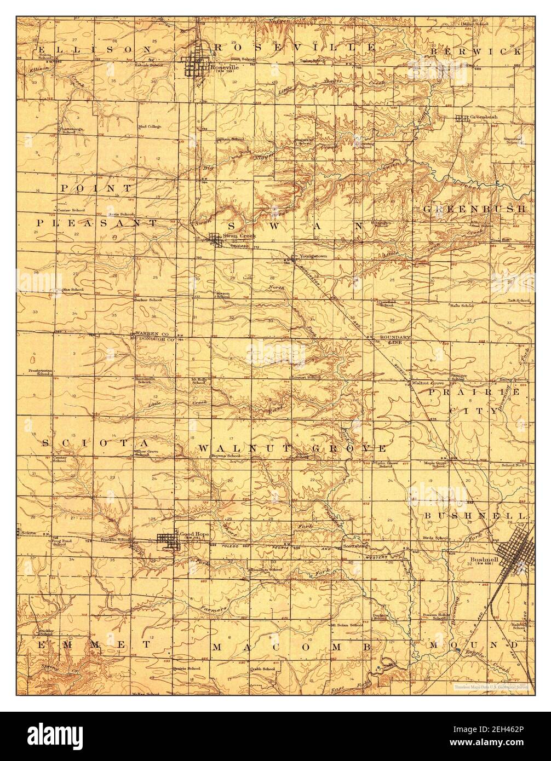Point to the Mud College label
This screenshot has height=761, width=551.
(x=150, y=126)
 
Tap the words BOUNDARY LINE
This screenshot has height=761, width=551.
(x=392, y=339)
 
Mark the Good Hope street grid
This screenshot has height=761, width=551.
(x=167, y=540)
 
